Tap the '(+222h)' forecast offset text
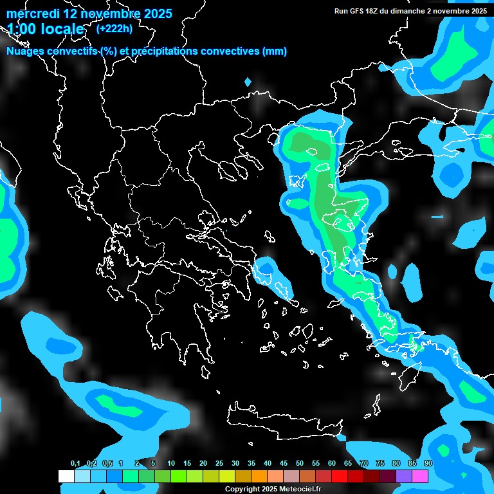coord(114,29)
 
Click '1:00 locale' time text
coord(46,30)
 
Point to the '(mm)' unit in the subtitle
coord(273,51)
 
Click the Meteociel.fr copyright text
coord(273,489)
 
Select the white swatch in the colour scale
coord(66,476)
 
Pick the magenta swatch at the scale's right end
coord(420,476)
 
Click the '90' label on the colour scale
coord(428,464)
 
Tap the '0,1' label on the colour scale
coord(75,464)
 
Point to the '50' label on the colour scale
coord(300,464)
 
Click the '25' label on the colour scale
coord(219,464)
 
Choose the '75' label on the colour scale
coord(380,464)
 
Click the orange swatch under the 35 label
coord(259,476)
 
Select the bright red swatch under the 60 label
coord(340,476)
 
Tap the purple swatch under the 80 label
coord(404,476)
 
